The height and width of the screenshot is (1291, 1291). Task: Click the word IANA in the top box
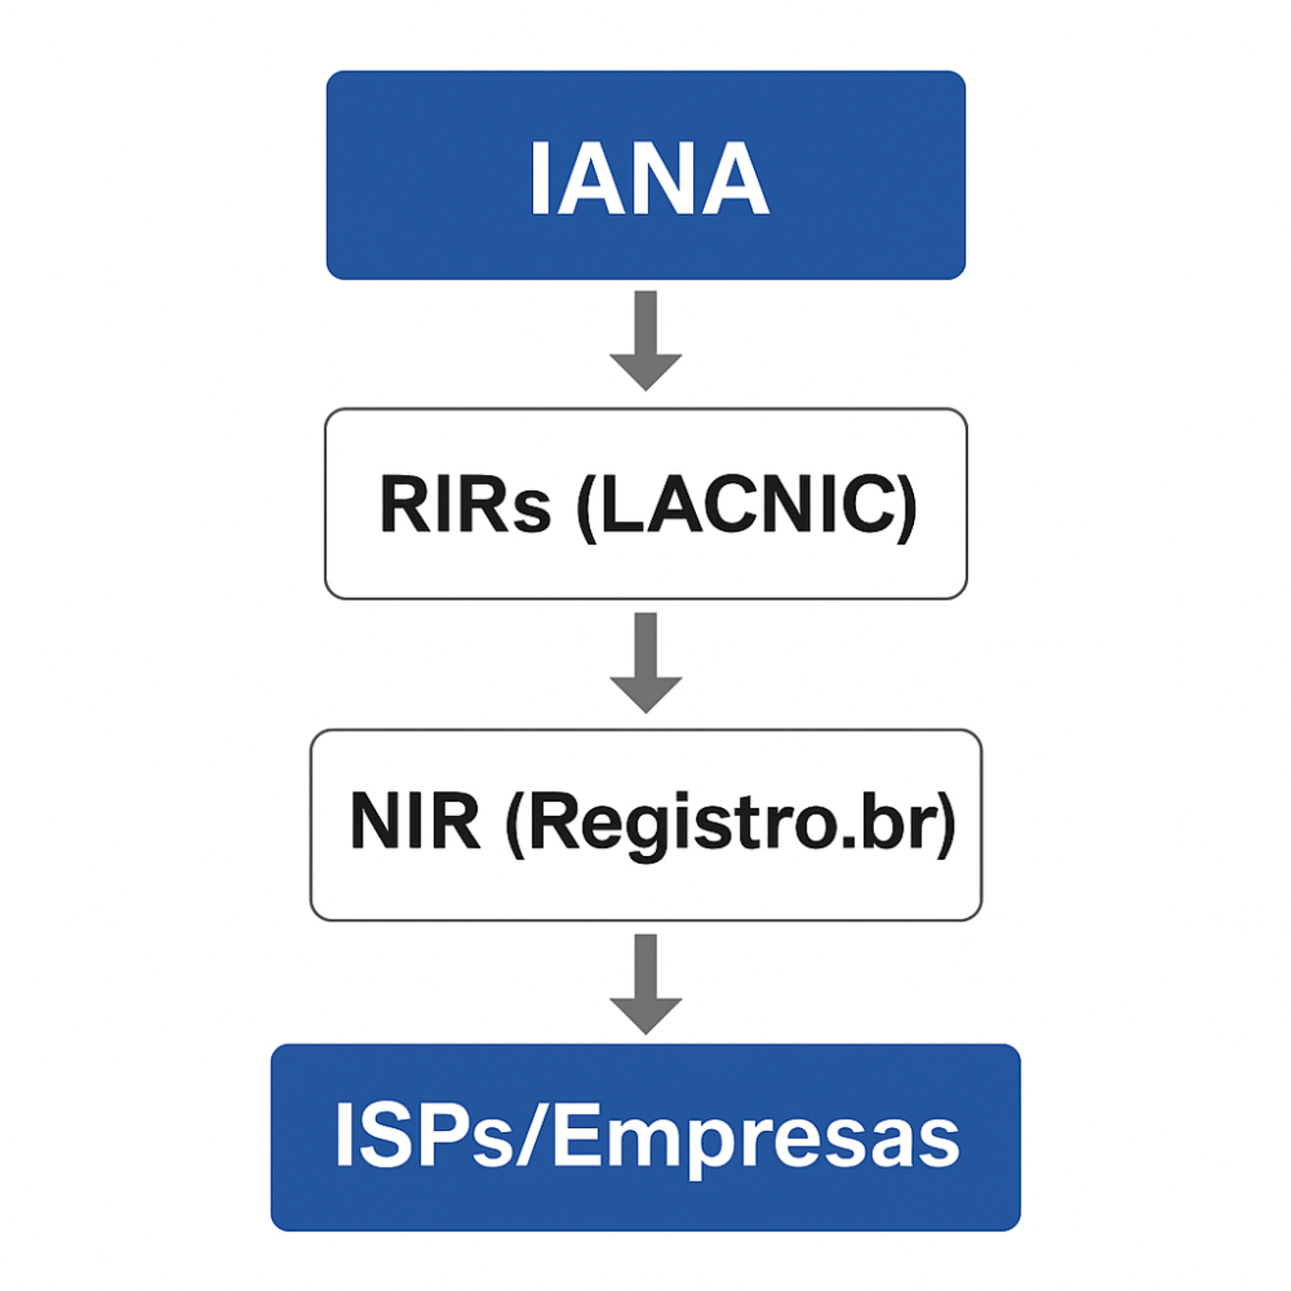(648, 179)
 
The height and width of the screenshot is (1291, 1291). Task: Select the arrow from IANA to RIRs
(645, 340)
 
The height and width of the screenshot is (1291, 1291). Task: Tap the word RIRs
(465, 504)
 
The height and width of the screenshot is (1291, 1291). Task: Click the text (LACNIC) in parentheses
(747, 505)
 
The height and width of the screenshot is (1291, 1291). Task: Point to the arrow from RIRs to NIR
(645, 663)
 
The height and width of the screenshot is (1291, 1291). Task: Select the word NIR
(414, 821)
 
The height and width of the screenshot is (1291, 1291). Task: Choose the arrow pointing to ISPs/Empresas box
(645, 984)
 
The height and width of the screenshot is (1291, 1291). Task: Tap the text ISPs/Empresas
(646, 1135)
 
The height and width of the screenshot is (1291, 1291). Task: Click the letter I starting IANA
(539, 179)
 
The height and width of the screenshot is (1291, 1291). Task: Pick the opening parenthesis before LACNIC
(587, 506)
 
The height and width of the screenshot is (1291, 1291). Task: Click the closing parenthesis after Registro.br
(945, 823)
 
